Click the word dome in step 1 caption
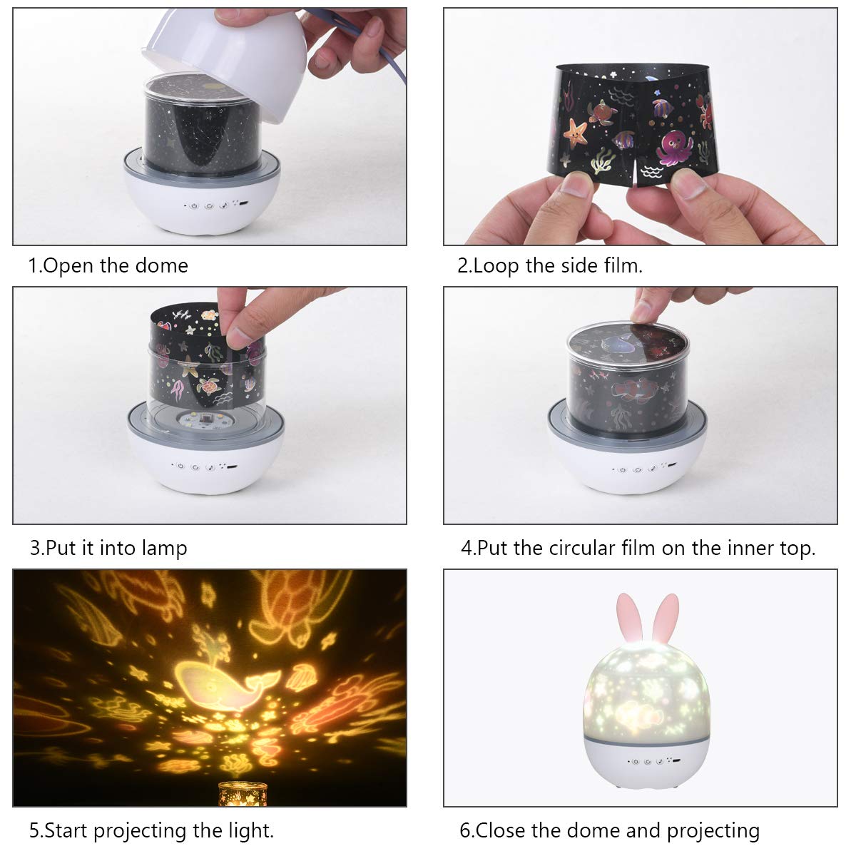(x=162, y=265)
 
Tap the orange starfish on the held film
(x=576, y=132)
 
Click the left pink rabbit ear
(x=631, y=618)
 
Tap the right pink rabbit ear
(x=665, y=618)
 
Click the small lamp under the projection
(x=243, y=794)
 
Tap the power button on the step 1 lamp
(x=194, y=206)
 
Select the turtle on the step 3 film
(x=208, y=386)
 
